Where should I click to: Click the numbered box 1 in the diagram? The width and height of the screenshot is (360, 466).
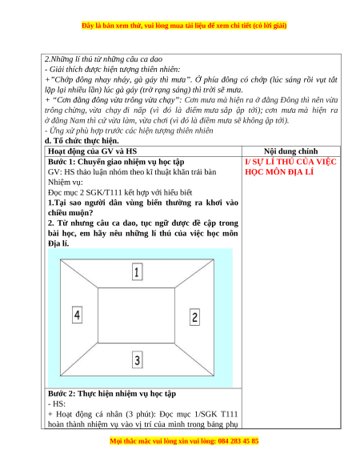137,271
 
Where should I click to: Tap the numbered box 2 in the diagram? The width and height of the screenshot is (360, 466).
194,317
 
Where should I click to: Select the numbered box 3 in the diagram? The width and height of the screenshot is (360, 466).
137,360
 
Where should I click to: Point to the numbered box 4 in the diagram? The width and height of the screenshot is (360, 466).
78,315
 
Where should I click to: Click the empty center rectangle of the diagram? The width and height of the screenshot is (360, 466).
136,315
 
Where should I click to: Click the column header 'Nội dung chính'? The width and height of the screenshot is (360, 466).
290,151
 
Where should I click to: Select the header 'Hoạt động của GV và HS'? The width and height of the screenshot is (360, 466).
92,151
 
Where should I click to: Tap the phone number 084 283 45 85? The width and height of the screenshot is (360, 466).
238,440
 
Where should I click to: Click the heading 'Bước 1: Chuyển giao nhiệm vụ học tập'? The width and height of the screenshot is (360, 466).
116,162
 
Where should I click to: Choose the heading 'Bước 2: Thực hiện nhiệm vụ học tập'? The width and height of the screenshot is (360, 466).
112,393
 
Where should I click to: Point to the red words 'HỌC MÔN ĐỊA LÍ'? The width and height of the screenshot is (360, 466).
279,172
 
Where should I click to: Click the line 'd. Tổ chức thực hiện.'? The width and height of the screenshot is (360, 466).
82,141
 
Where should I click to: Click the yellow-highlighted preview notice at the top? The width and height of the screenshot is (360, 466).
184,26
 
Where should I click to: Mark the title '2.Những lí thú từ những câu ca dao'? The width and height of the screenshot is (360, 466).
104,59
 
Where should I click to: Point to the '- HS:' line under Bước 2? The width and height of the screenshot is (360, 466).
57,404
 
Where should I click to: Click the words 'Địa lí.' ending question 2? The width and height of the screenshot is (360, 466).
58,243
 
